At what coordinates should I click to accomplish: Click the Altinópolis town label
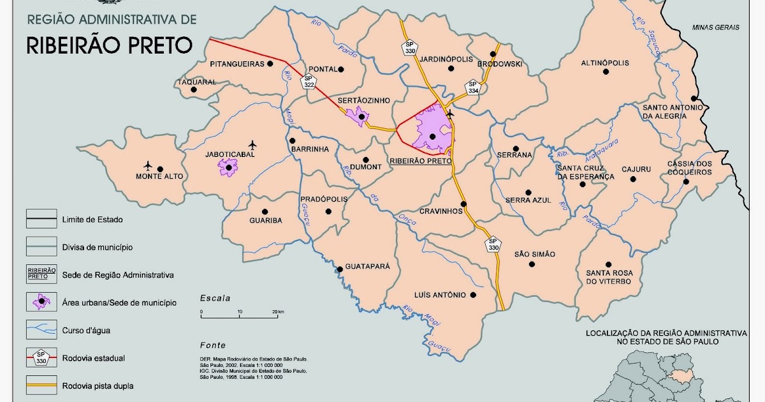[x=605, y=63]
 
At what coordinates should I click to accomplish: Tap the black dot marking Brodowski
[x=493, y=54]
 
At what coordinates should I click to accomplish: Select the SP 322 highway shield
[x=309, y=80]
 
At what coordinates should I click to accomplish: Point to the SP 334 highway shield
[x=472, y=87]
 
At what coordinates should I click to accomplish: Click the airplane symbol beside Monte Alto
[x=149, y=165]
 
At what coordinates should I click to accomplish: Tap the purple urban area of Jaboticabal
[x=228, y=167]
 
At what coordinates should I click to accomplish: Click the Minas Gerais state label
[x=716, y=27]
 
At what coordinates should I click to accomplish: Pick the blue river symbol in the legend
[x=41, y=330]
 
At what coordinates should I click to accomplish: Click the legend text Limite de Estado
[x=92, y=220]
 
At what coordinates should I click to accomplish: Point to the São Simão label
[x=535, y=254]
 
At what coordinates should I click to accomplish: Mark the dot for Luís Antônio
[x=473, y=295]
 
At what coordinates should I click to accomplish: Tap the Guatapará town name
[x=367, y=267]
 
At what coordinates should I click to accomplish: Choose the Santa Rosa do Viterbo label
[x=609, y=277]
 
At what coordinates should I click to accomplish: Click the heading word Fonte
[x=212, y=345]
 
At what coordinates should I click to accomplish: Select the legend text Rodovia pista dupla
[x=98, y=385]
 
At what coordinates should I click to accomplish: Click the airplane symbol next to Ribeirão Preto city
[x=450, y=114]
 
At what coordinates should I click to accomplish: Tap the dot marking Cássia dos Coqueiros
[x=686, y=181]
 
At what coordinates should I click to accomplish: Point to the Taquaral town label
[x=197, y=82]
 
